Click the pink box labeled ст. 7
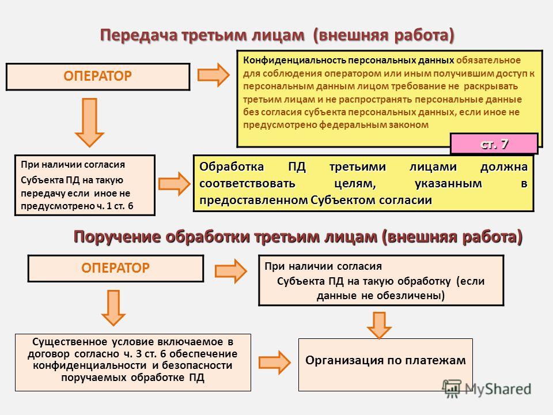pos(494,144)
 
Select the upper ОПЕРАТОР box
pos(98,77)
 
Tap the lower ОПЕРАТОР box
pos(116,268)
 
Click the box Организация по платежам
pos(385,364)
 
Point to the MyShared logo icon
pos(452,389)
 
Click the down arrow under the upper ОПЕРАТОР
pos(90,122)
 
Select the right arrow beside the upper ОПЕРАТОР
pos(213,75)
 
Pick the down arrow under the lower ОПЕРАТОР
pos(113,308)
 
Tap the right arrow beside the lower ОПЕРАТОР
pos(230,271)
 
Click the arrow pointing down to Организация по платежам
pos(379,325)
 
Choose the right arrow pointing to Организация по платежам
pos(274,362)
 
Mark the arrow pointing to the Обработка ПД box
pos(174,183)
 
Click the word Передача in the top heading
pos(139,35)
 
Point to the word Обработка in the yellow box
pos(232,167)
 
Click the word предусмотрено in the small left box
pos(58,206)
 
